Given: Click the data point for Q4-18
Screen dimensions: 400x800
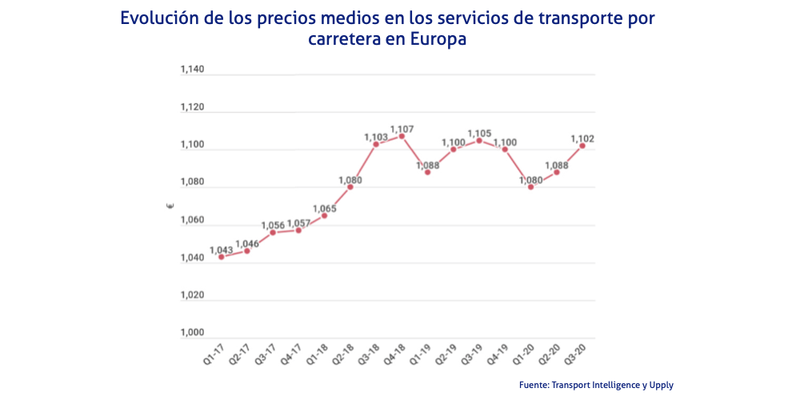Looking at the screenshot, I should pyautogui.click(x=402, y=136).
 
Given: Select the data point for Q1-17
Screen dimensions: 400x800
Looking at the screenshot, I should pyautogui.click(x=221, y=257).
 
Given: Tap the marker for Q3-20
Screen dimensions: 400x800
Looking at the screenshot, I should pyautogui.click(x=582, y=146).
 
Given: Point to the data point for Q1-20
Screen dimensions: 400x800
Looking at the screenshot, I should pyautogui.click(x=530, y=187).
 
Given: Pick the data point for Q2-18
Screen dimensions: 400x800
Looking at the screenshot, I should pyautogui.click(x=350, y=187).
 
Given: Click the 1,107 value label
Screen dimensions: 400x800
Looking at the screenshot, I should pyautogui.click(x=402, y=128).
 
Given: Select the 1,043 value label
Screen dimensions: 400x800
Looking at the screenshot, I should pyautogui.click(x=222, y=250).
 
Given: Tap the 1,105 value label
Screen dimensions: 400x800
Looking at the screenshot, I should pyautogui.click(x=479, y=133).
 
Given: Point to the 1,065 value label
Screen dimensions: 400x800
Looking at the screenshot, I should pyautogui.click(x=324, y=208).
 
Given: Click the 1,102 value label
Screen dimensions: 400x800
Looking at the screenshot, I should pyautogui.click(x=582, y=138).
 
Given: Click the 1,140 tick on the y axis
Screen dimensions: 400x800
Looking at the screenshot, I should pyautogui.click(x=192, y=70).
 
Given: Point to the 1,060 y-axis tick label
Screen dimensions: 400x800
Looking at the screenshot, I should pyautogui.click(x=192, y=220).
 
